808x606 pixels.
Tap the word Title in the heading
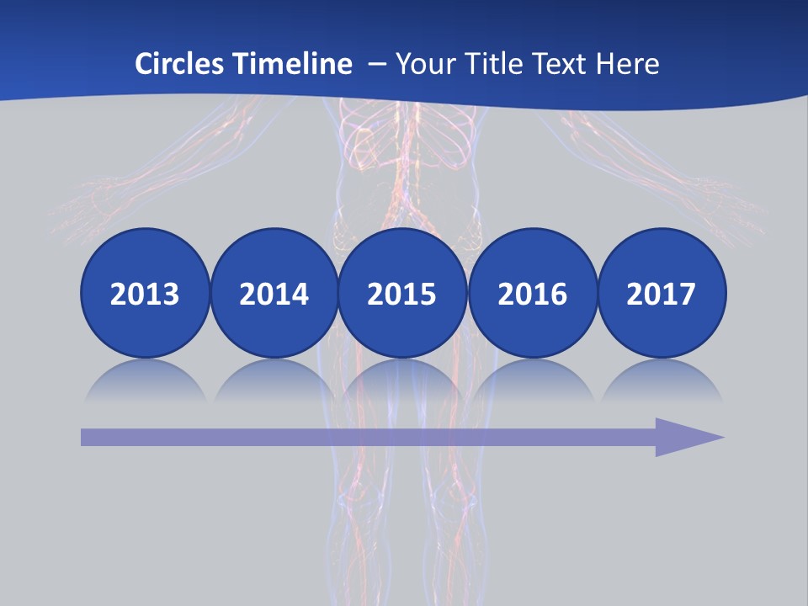tap(492, 63)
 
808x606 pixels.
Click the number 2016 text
tap(532, 295)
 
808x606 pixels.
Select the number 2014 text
tap(274, 295)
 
